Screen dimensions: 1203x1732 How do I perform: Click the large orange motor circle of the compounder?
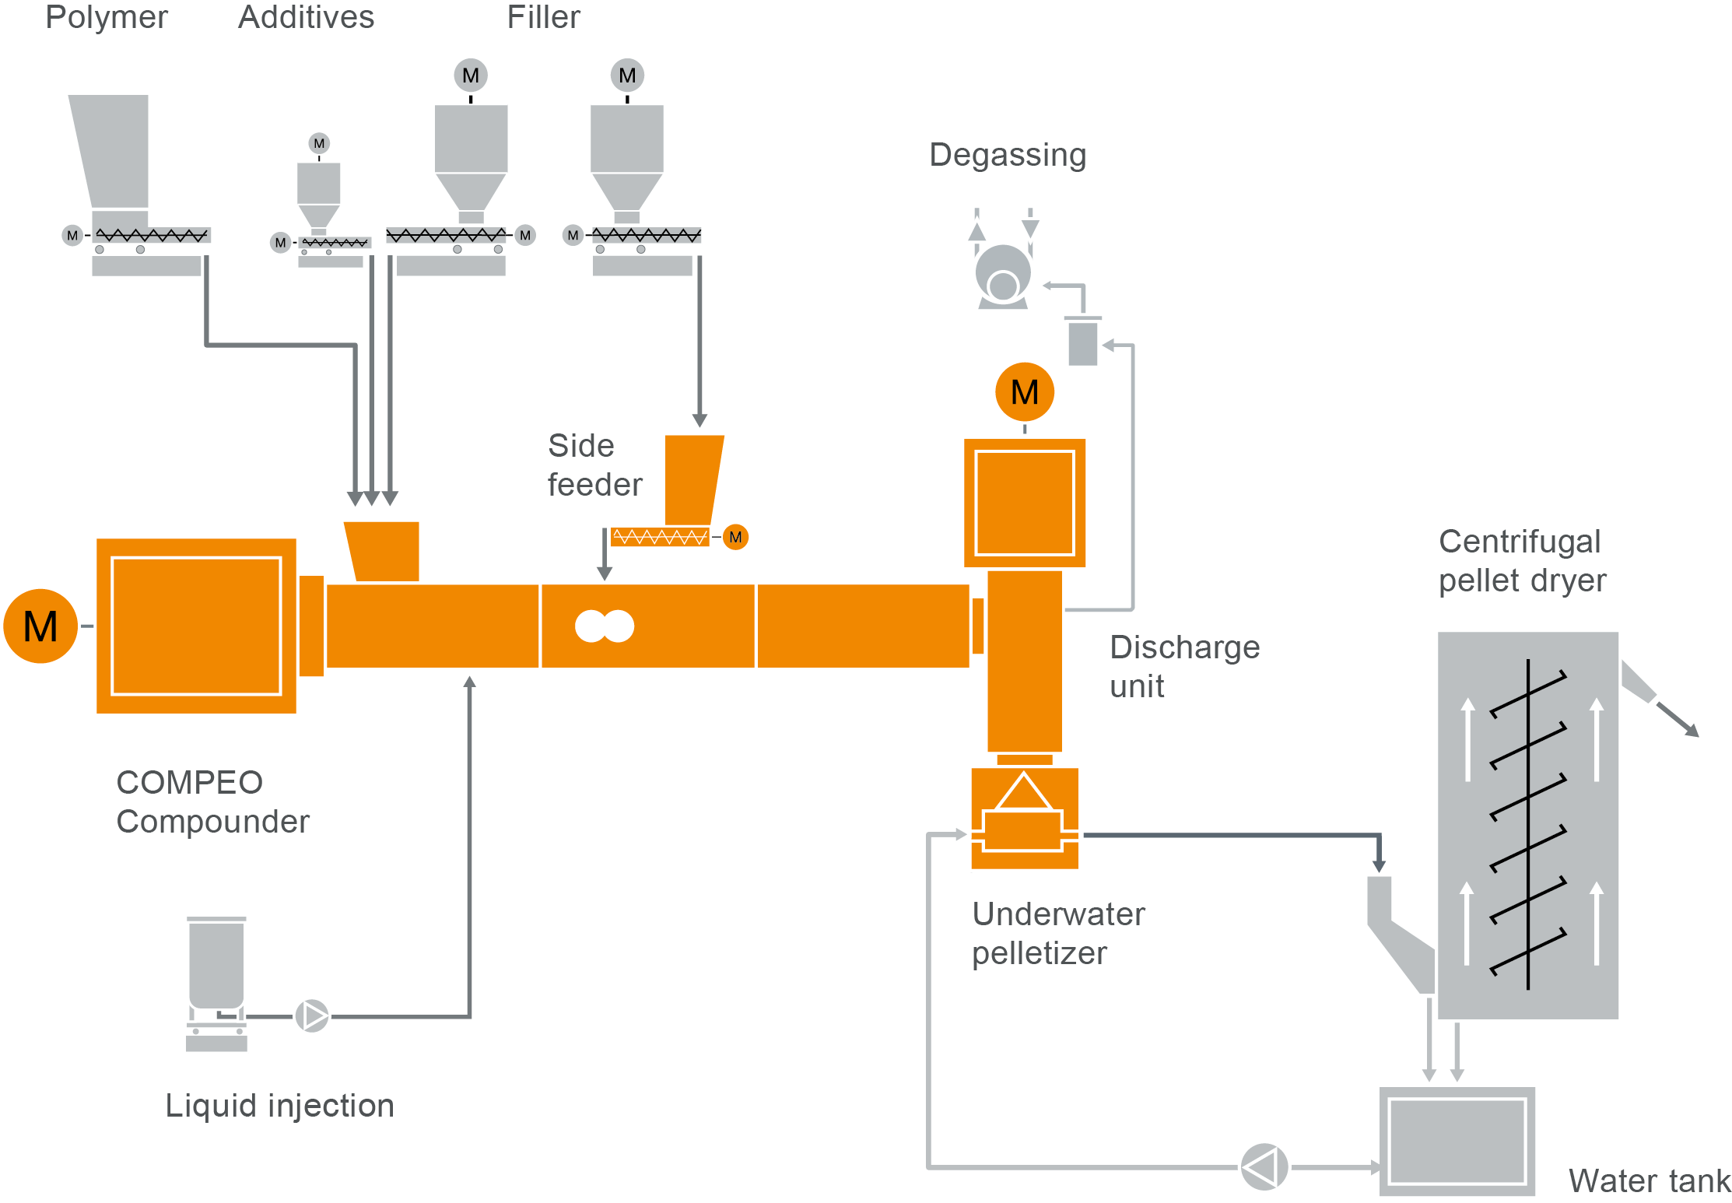click(x=40, y=626)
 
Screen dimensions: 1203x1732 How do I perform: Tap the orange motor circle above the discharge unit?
click(x=1024, y=392)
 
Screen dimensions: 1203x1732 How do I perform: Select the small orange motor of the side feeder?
click(x=735, y=537)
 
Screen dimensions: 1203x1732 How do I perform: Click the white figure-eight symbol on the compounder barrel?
click(x=605, y=626)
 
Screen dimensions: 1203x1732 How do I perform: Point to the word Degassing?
click(x=1008, y=155)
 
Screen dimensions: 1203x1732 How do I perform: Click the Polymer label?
click(x=107, y=17)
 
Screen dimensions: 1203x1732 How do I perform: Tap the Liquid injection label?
click(x=279, y=1105)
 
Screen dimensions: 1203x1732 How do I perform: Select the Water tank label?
click(x=1649, y=1180)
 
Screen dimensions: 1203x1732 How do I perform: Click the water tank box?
click(x=1457, y=1141)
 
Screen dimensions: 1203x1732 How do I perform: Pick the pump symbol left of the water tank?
click(x=1264, y=1166)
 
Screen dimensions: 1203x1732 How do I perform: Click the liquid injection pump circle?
click(x=312, y=1016)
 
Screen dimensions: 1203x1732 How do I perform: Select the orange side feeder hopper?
click(x=692, y=479)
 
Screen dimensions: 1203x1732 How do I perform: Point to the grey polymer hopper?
click(x=112, y=152)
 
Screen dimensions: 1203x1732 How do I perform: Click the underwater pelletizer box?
click(x=1024, y=819)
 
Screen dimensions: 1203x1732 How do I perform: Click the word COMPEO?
click(x=189, y=782)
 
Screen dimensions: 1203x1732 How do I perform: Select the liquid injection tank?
click(x=216, y=965)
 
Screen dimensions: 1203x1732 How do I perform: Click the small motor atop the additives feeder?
click(x=319, y=143)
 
